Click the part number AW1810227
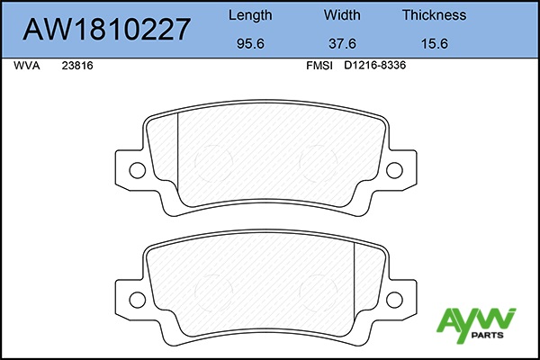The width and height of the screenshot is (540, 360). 106,29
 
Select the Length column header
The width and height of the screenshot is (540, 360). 250,15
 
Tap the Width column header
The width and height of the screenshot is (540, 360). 342,15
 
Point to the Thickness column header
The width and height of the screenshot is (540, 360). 435,15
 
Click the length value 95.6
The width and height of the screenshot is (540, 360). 250,44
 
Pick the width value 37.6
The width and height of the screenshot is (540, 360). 342,44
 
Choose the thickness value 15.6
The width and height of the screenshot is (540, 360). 435,44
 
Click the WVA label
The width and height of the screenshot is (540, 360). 27,66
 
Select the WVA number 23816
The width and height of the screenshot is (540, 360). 77,66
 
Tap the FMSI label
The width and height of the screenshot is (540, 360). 319,66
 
